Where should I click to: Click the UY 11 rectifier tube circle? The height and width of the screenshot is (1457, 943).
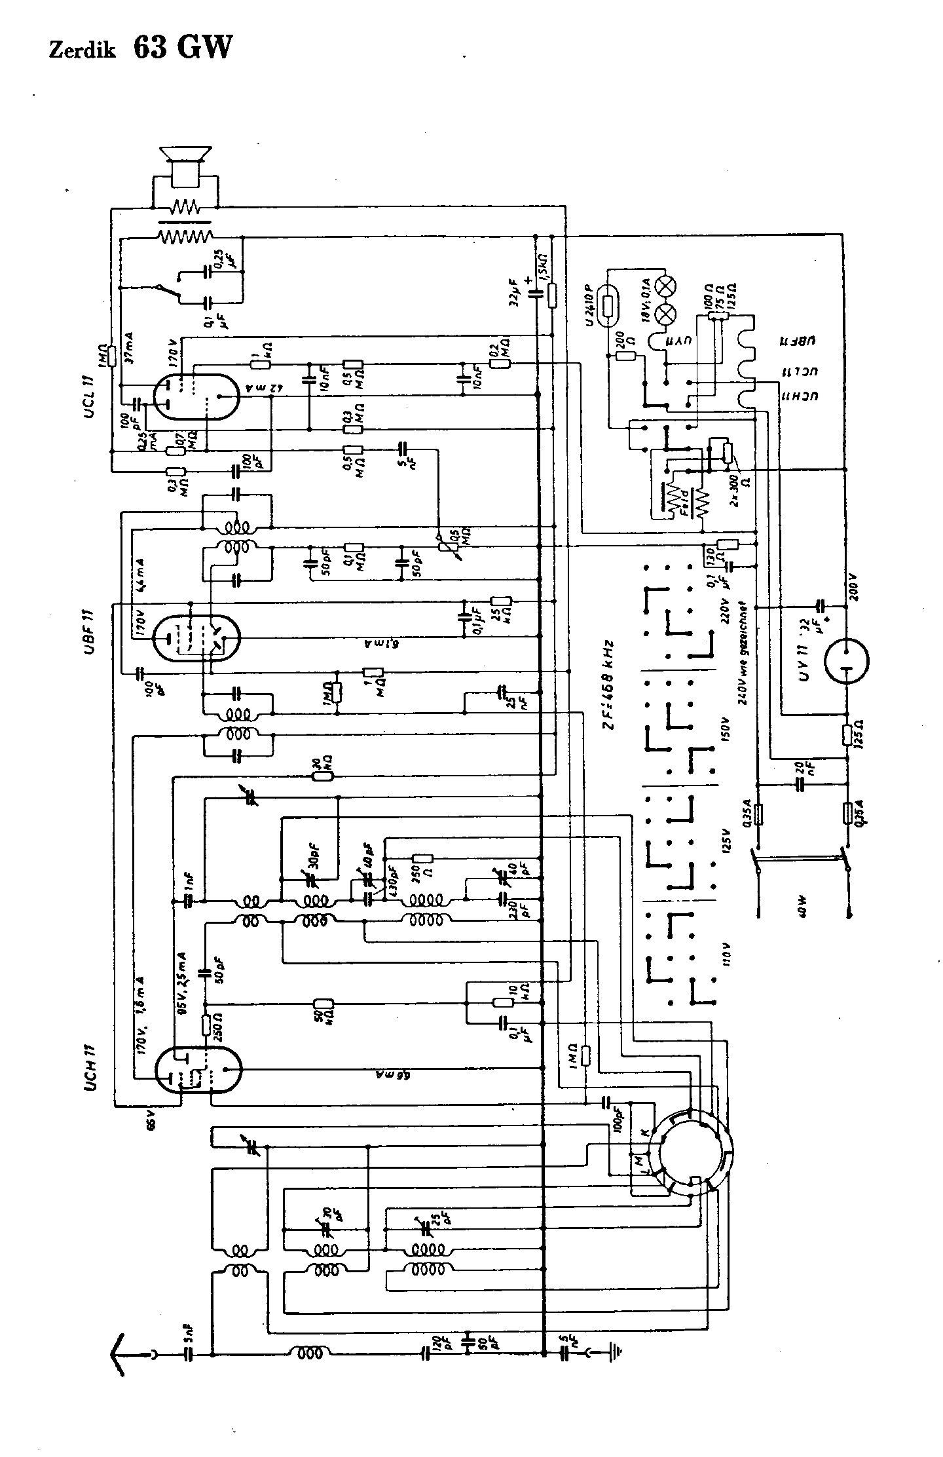click(x=846, y=662)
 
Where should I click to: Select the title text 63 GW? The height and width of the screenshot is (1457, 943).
click(x=183, y=47)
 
